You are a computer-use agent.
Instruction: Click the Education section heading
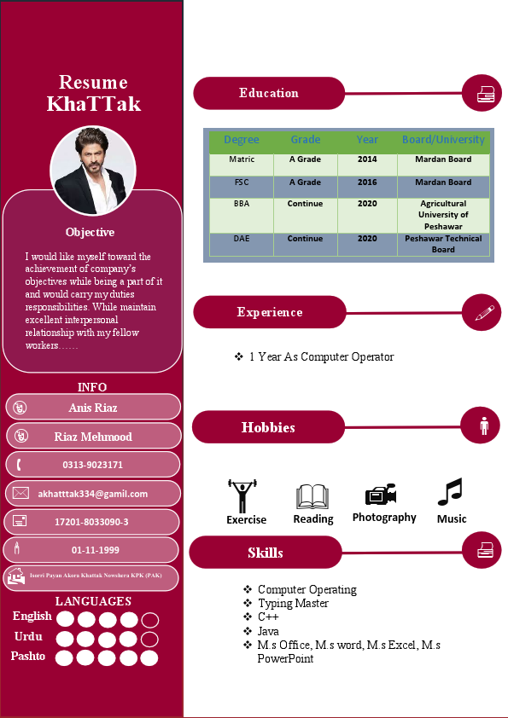click(x=269, y=93)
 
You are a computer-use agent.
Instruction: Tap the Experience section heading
click(x=269, y=312)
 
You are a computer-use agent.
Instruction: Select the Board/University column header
click(x=443, y=140)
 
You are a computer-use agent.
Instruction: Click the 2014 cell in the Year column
click(x=367, y=159)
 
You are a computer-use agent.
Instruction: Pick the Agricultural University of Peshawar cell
click(x=443, y=215)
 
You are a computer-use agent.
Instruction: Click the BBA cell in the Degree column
click(x=242, y=204)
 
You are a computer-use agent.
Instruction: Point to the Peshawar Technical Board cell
click(x=443, y=244)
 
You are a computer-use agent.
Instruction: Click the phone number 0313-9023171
click(x=92, y=465)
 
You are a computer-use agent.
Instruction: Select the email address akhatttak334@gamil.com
click(x=93, y=493)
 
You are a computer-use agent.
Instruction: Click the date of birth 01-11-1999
click(x=96, y=550)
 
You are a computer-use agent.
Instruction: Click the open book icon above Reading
click(x=312, y=497)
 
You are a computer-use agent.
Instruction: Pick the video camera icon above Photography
click(x=381, y=495)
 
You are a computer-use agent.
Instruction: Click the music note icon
click(x=450, y=493)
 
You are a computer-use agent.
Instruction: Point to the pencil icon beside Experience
click(x=484, y=312)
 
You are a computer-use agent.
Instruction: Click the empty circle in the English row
click(x=149, y=620)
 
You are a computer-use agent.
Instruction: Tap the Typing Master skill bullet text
click(x=293, y=603)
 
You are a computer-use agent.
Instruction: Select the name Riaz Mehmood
click(x=93, y=437)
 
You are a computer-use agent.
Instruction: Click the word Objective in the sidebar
click(x=90, y=232)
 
